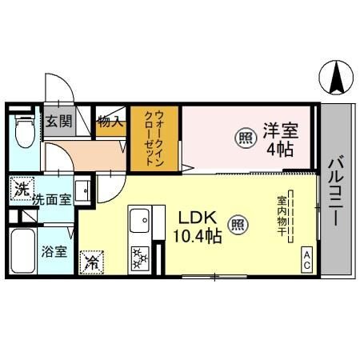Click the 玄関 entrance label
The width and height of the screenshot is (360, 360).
57,122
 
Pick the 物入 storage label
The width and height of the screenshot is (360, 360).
110,122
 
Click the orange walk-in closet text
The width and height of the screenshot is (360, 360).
154,138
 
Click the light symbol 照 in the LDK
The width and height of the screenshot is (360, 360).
237,224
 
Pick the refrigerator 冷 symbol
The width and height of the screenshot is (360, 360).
92,261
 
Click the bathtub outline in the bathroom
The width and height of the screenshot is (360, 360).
22,251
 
